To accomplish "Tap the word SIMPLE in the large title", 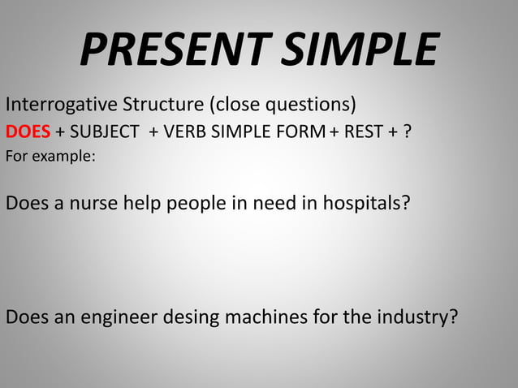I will tap(359, 50).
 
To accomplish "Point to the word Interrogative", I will tap(62, 106).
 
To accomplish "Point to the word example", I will tap(66, 156).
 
